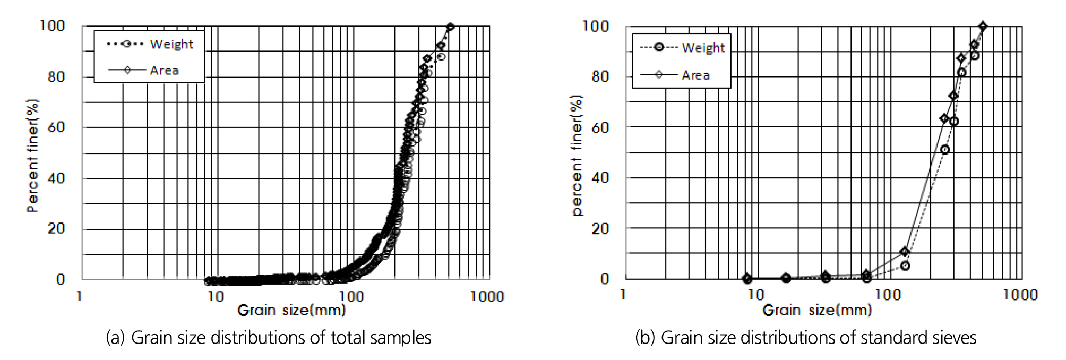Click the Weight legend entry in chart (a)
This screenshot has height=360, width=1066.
[x=171, y=44]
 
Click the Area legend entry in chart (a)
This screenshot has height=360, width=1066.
[x=164, y=70]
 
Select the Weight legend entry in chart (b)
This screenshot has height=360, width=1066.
[x=703, y=48]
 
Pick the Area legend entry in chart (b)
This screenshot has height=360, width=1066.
[x=695, y=75]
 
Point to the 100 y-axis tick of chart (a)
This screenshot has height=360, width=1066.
[x=52, y=25]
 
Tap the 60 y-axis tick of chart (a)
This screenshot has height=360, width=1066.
[x=56, y=127]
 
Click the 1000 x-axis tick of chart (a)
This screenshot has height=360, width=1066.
[x=487, y=296]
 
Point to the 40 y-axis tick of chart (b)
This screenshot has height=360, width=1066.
[x=600, y=178]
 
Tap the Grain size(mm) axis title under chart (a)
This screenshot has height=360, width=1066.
[x=291, y=310]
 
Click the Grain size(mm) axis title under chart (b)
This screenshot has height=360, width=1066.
[x=817, y=310]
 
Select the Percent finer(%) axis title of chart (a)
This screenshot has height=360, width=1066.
[x=33, y=155]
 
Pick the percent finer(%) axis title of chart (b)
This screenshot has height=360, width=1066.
[x=577, y=155]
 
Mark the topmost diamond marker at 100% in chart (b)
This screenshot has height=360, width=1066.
[x=983, y=26]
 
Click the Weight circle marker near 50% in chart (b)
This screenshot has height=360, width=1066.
[x=944, y=150]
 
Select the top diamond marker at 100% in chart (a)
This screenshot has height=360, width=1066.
[x=450, y=27]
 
